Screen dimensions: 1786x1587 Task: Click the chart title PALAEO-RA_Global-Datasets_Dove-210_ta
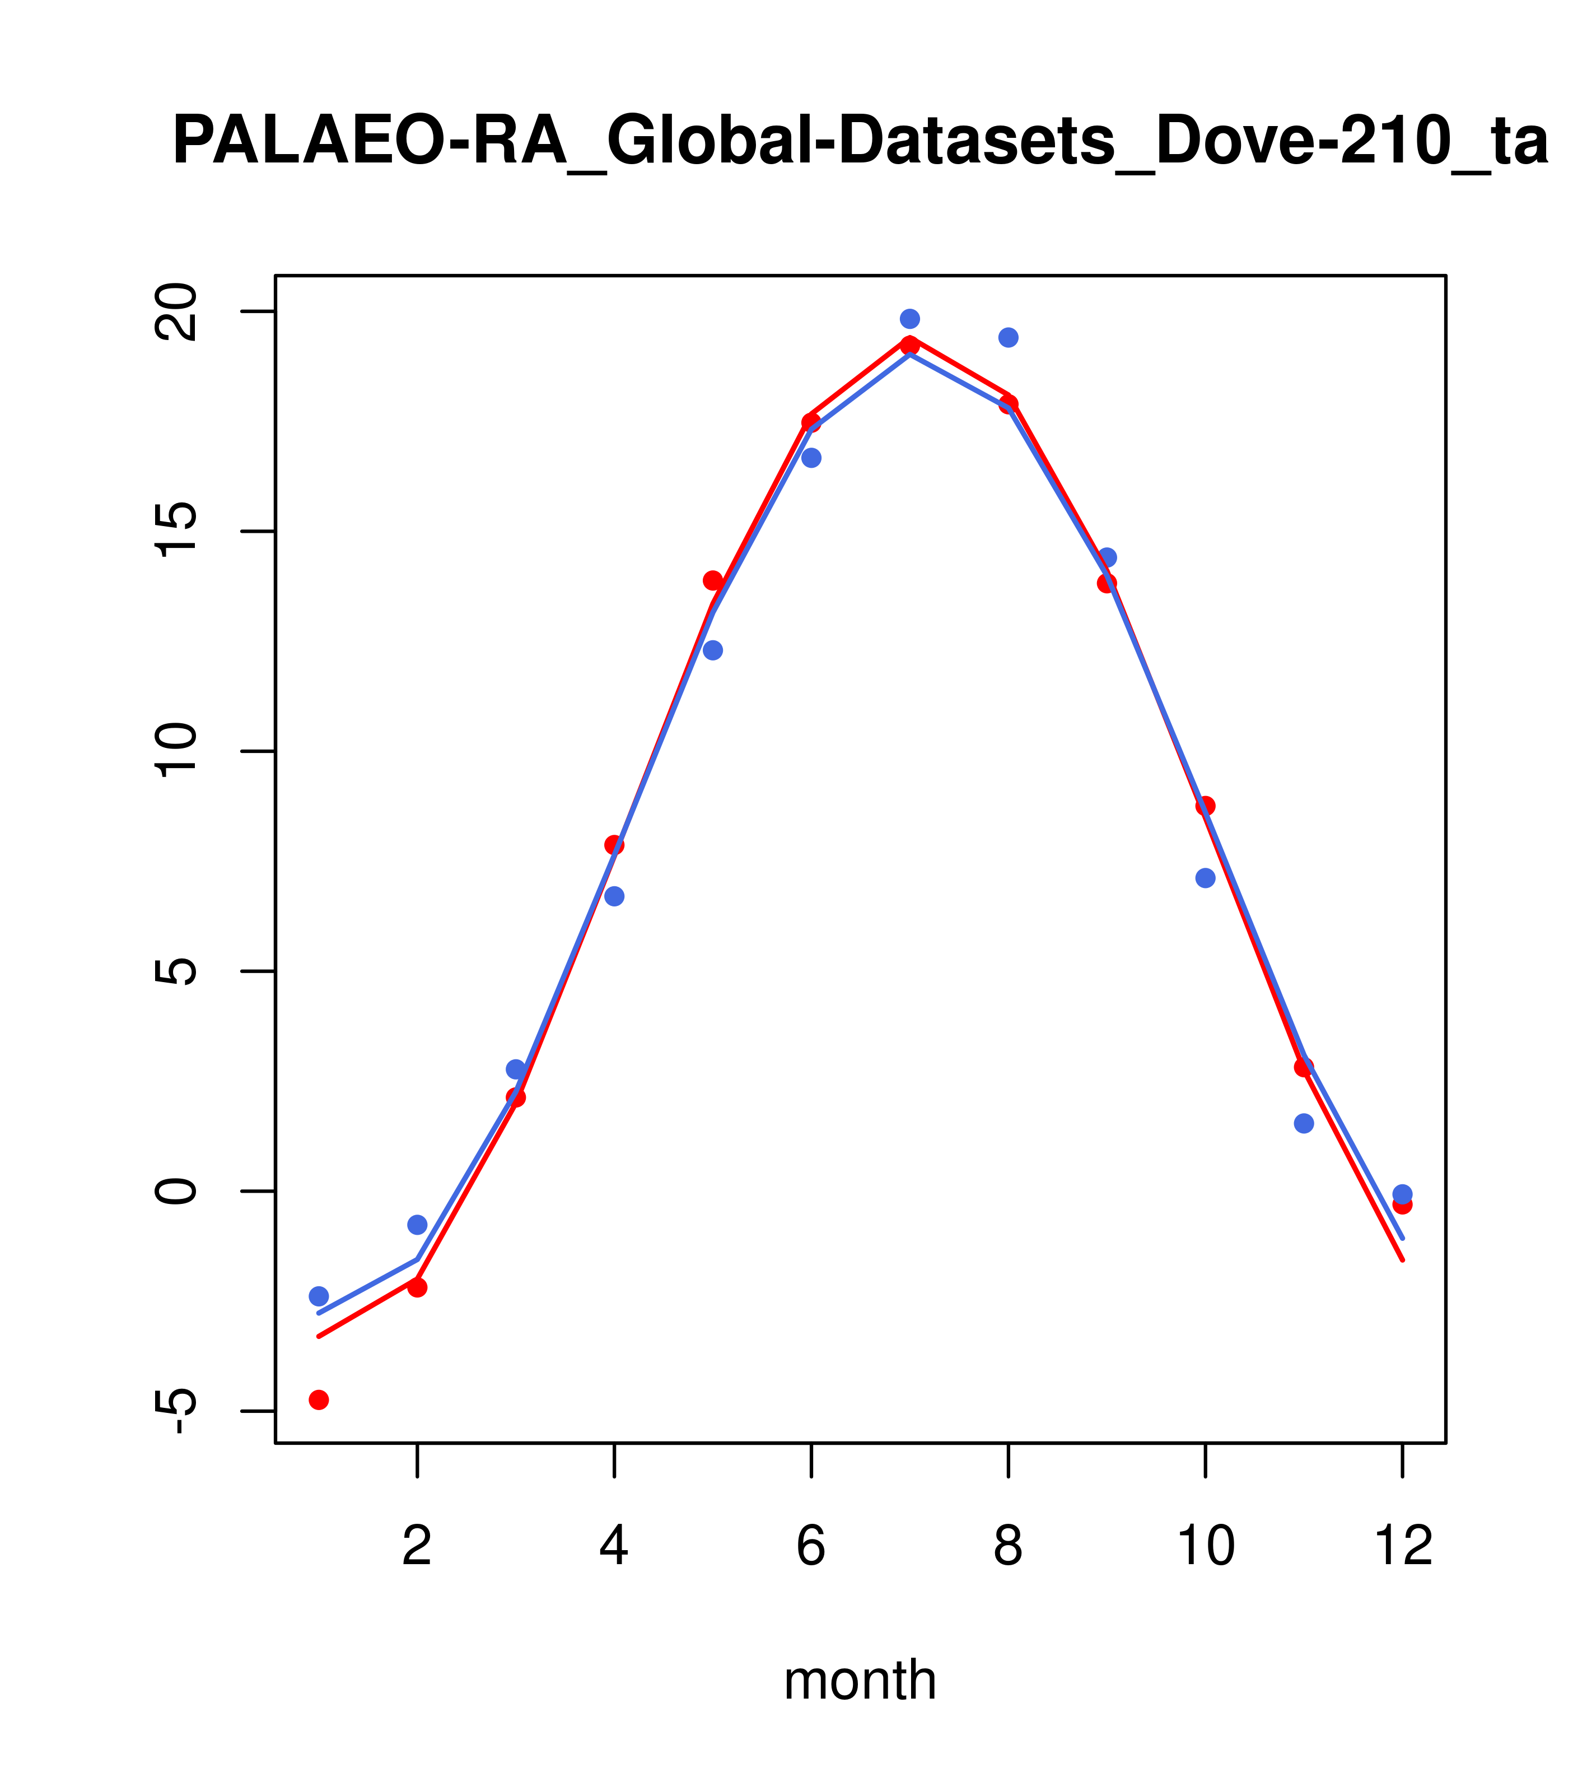coord(860,142)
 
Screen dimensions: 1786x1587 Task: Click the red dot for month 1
coord(319,1400)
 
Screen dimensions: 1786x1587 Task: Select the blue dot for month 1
coord(319,1296)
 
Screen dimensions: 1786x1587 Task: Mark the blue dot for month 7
coord(910,319)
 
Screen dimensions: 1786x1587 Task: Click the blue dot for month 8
coord(1009,337)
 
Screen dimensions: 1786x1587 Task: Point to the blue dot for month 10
coord(1205,878)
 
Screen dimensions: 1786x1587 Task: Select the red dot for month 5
coord(713,581)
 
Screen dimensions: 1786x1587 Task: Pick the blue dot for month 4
coord(615,896)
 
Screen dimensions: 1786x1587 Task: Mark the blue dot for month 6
coord(811,458)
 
